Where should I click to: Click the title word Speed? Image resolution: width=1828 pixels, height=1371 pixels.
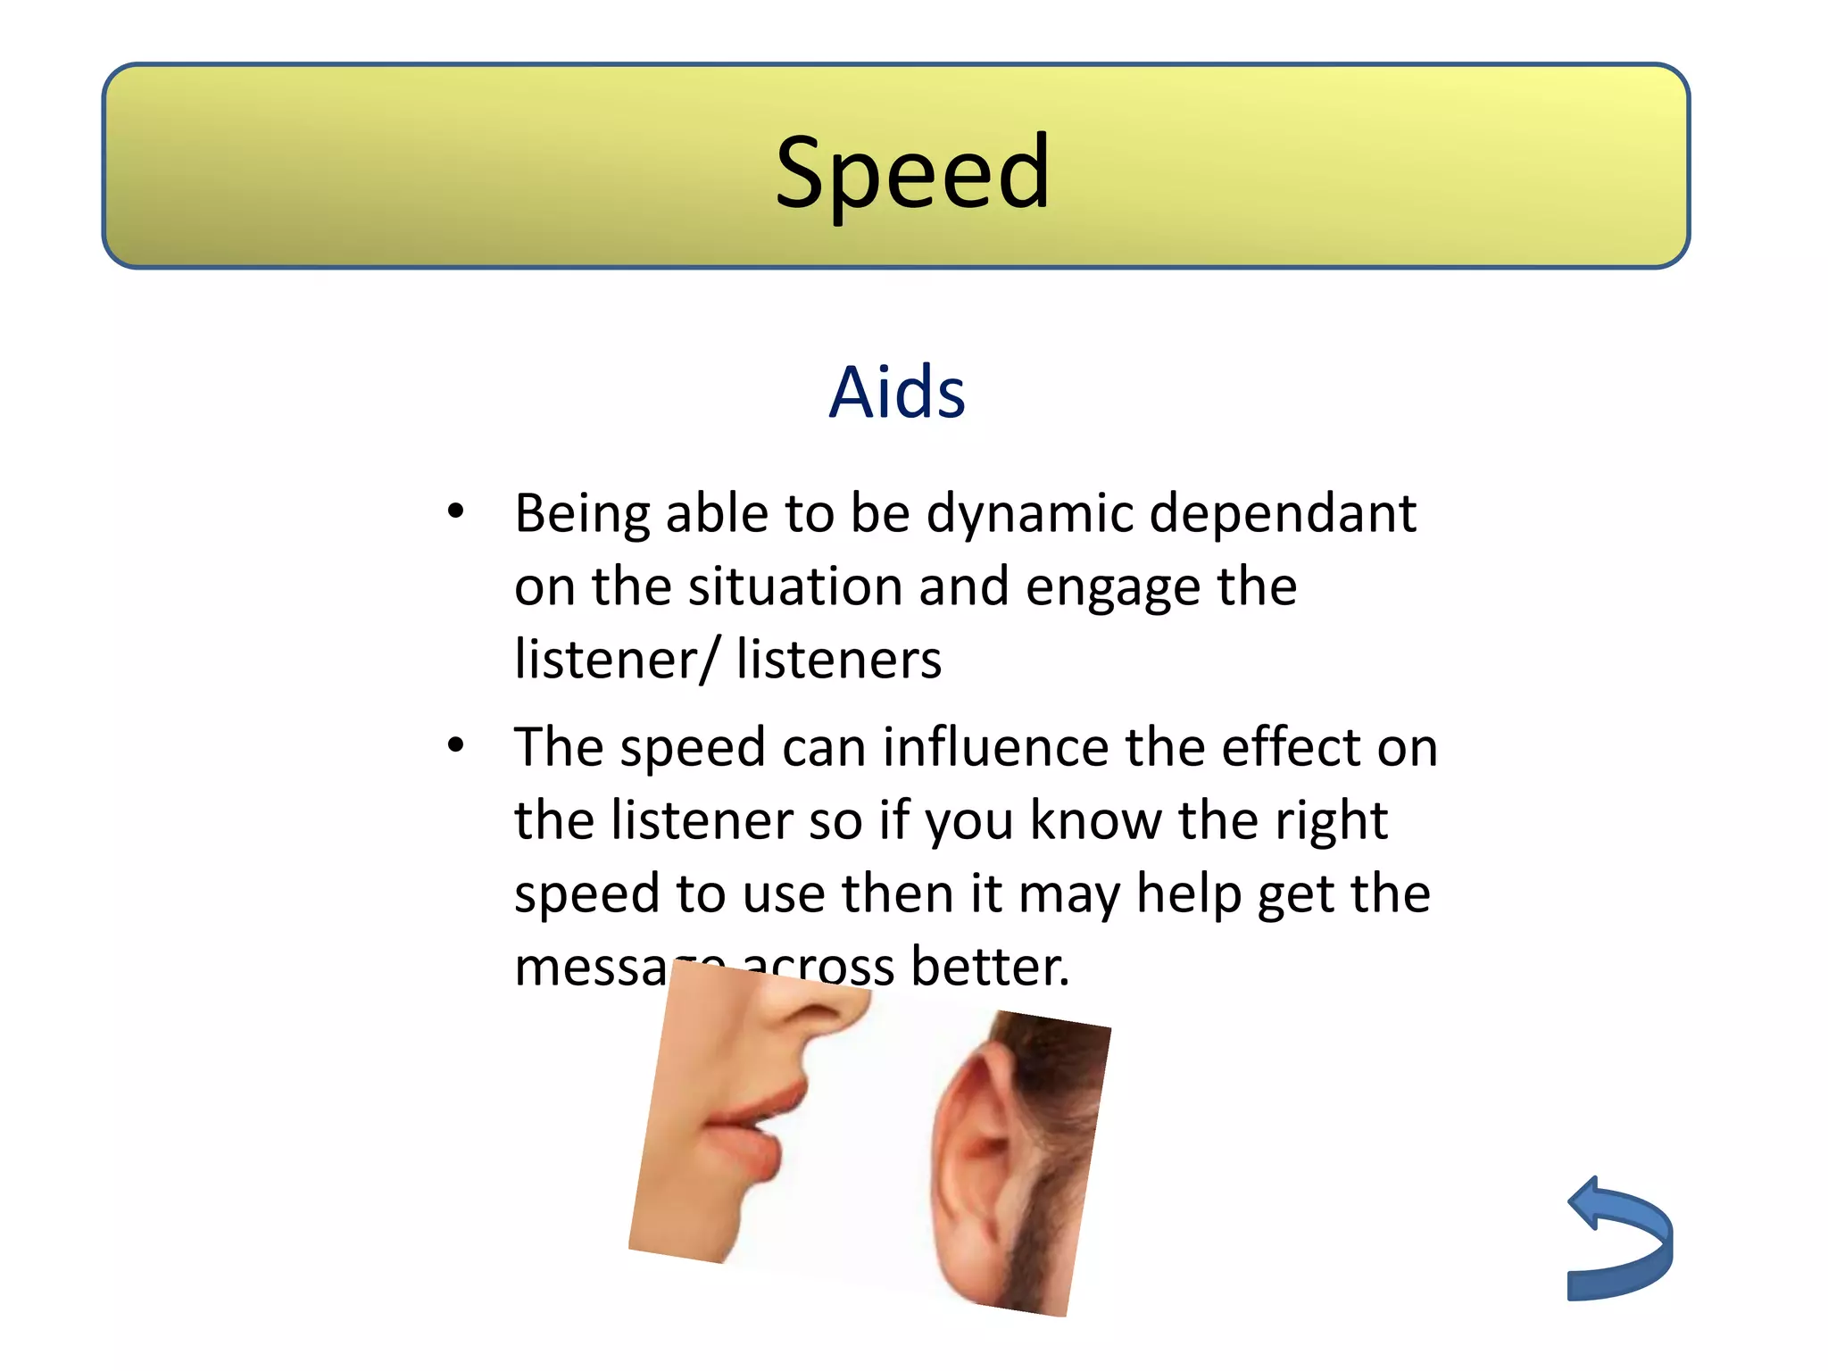(x=912, y=173)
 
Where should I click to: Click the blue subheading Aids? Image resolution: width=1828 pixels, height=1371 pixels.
(x=896, y=393)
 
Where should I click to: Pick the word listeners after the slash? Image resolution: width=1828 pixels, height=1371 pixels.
(x=838, y=661)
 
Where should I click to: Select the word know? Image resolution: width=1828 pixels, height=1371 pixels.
(x=1095, y=820)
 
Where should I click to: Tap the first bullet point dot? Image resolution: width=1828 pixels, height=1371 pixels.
(x=456, y=511)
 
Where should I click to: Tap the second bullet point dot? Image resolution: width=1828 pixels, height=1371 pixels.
(x=456, y=744)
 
